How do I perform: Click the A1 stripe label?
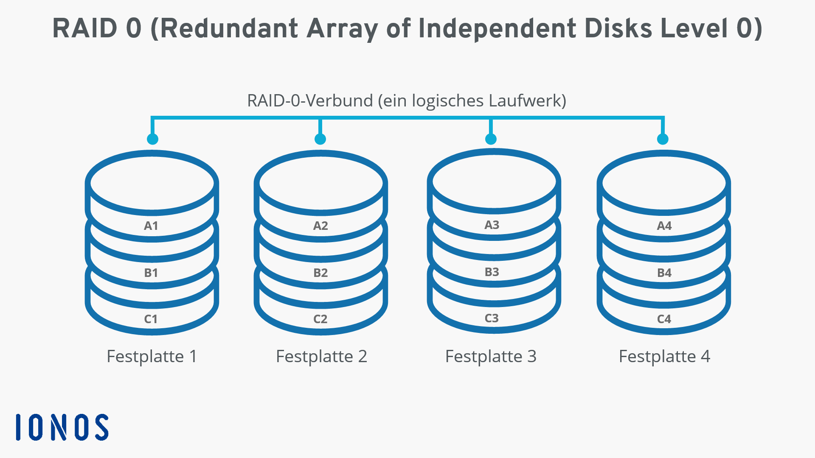[151, 226]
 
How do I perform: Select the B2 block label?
[320, 273]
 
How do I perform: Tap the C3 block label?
[492, 318]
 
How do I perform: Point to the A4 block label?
[664, 226]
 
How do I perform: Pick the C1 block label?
[151, 319]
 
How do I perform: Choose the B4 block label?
[664, 273]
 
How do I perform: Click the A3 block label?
[492, 225]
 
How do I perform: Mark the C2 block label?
[320, 319]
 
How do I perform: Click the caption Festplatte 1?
[152, 357]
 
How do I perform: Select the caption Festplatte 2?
[321, 357]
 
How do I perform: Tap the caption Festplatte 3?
[491, 357]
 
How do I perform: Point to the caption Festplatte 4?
[664, 357]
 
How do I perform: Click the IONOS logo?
[62, 427]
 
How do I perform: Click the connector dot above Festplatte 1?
[152, 139]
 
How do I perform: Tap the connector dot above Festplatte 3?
[491, 139]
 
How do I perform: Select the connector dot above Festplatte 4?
[663, 139]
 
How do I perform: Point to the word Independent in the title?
[497, 29]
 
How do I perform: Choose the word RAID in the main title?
[85, 28]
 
